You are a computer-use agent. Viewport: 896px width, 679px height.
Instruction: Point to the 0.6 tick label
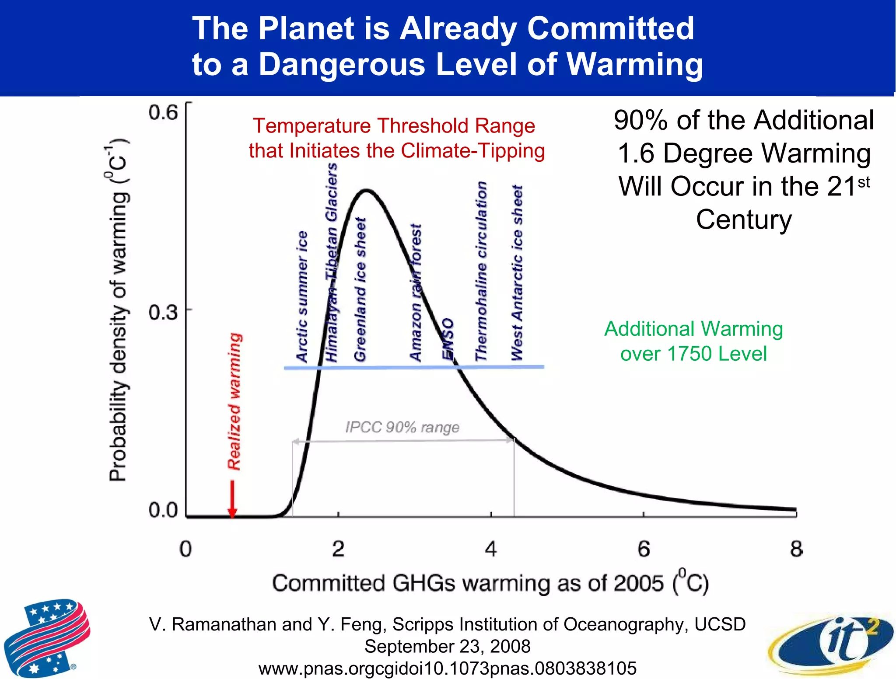pos(163,113)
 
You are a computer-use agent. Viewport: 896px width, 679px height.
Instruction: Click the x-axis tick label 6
pos(643,549)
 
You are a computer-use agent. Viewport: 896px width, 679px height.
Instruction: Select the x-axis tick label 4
pos(490,549)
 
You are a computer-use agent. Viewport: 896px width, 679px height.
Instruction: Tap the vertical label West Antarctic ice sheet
pos(517,273)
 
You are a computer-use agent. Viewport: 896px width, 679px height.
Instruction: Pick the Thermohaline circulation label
pos(481,271)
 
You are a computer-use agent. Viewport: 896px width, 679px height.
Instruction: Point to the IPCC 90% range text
pos(402,427)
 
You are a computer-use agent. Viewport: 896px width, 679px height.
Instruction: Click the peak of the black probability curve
pos(367,190)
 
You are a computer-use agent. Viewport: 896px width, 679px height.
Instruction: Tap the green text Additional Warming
pos(693,329)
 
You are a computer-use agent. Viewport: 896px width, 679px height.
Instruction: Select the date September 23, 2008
pos(447,646)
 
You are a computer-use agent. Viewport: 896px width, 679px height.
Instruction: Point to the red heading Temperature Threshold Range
pos(394,126)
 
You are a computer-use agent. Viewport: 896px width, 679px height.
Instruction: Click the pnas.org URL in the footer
pos(447,668)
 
